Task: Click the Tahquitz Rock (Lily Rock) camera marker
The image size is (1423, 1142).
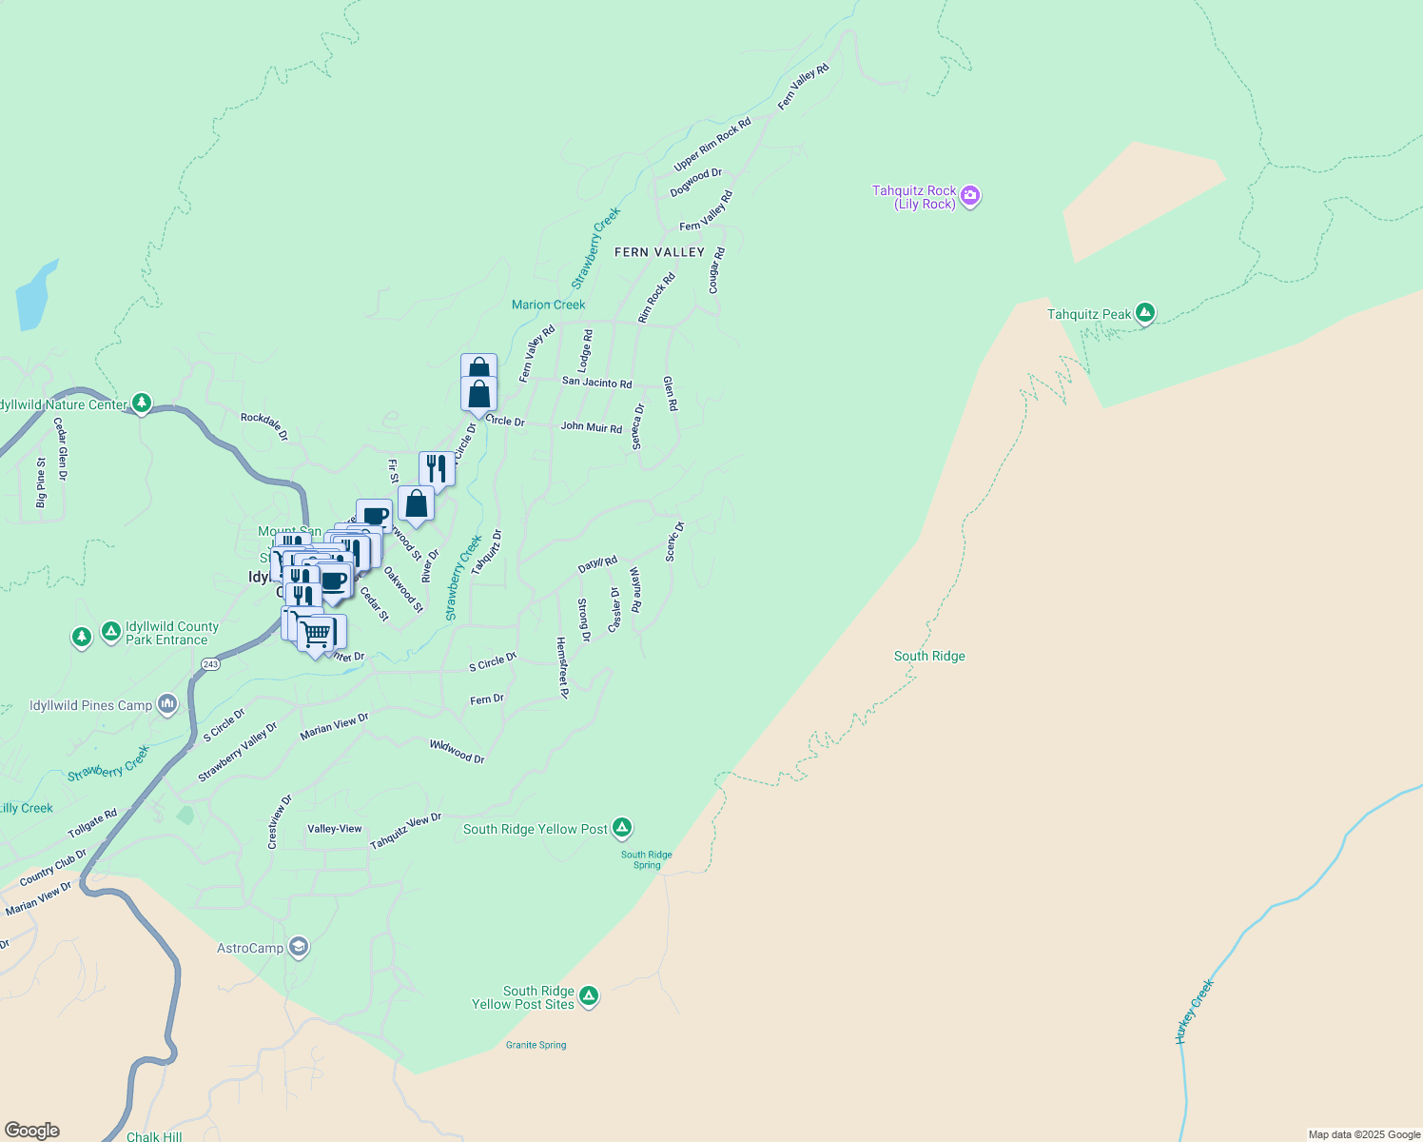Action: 969,197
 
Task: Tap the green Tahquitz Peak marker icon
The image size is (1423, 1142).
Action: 1145,313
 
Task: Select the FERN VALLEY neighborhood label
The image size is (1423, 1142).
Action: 659,252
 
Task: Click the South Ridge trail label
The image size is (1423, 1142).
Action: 929,656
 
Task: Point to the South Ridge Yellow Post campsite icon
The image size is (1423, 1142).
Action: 621,828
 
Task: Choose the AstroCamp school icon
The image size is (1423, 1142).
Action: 299,947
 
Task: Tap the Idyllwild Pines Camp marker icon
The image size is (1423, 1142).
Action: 167,705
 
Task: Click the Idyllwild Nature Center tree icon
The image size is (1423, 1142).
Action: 141,404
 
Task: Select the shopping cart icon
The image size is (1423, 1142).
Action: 317,632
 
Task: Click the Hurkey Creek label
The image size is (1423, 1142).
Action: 1194,1012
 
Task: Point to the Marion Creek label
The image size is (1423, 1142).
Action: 549,305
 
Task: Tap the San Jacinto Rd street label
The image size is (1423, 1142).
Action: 596,383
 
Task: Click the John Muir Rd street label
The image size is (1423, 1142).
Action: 591,427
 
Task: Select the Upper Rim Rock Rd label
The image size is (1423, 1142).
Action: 712,145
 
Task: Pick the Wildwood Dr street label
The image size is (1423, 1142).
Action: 458,752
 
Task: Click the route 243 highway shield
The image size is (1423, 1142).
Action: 210,664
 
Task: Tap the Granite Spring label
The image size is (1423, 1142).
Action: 536,1045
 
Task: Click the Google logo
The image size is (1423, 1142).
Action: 31,1131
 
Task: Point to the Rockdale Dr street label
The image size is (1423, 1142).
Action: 264,426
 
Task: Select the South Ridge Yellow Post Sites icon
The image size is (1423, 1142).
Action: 589,996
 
